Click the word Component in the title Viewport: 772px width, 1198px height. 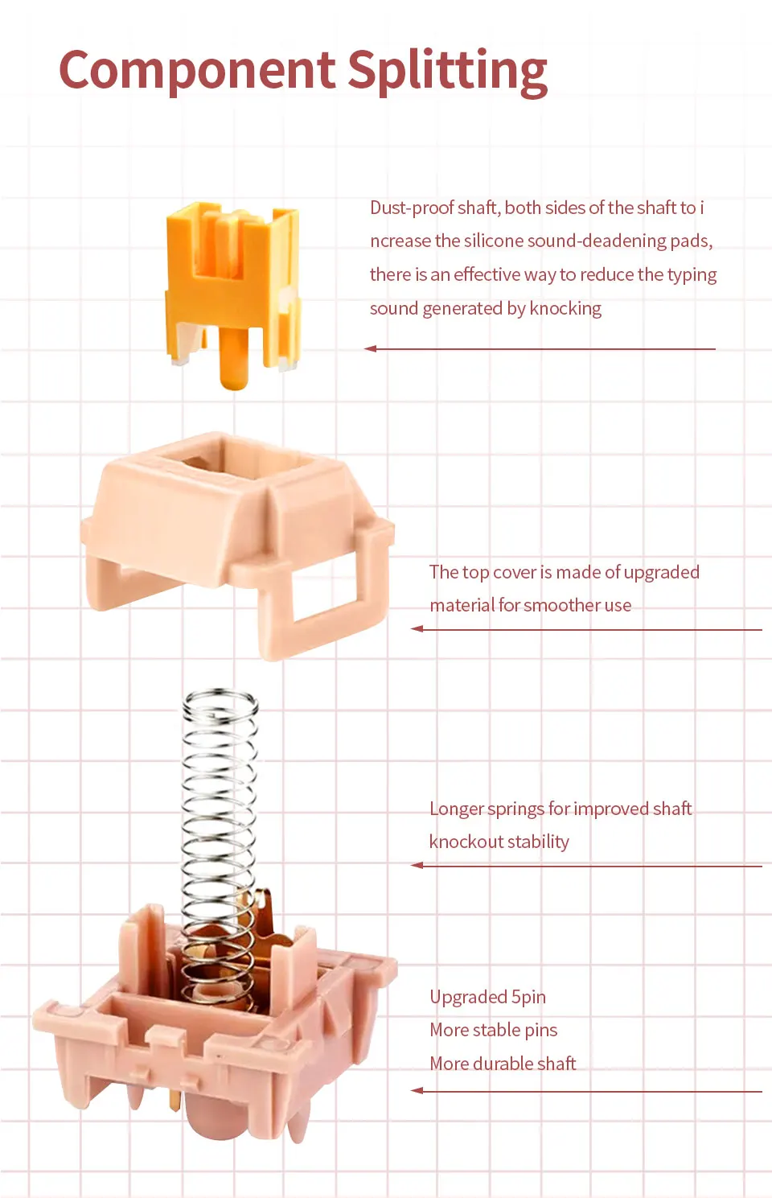pyautogui.click(x=197, y=71)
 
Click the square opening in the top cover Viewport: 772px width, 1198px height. pyautogui.click(x=236, y=465)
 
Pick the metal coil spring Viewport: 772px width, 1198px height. pyautogui.click(x=220, y=850)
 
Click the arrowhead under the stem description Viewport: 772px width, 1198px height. pyautogui.click(x=371, y=348)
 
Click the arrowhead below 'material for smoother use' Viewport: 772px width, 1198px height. pyautogui.click(x=417, y=629)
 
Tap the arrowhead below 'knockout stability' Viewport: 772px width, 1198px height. pyautogui.click(x=417, y=866)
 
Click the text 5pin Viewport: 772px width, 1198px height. pyautogui.click(x=529, y=998)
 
